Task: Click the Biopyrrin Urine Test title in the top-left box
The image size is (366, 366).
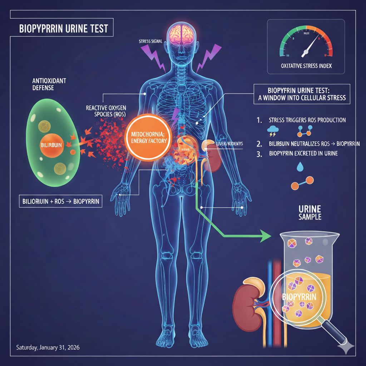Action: pyautogui.click(x=64, y=29)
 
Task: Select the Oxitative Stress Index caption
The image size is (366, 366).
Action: pyautogui.click(x=306, y=65)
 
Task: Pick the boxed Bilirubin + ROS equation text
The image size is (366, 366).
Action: pyautogui.click(x=60, y=201)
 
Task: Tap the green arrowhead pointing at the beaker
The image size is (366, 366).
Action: pyautogui.click(x=266, y=236)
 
